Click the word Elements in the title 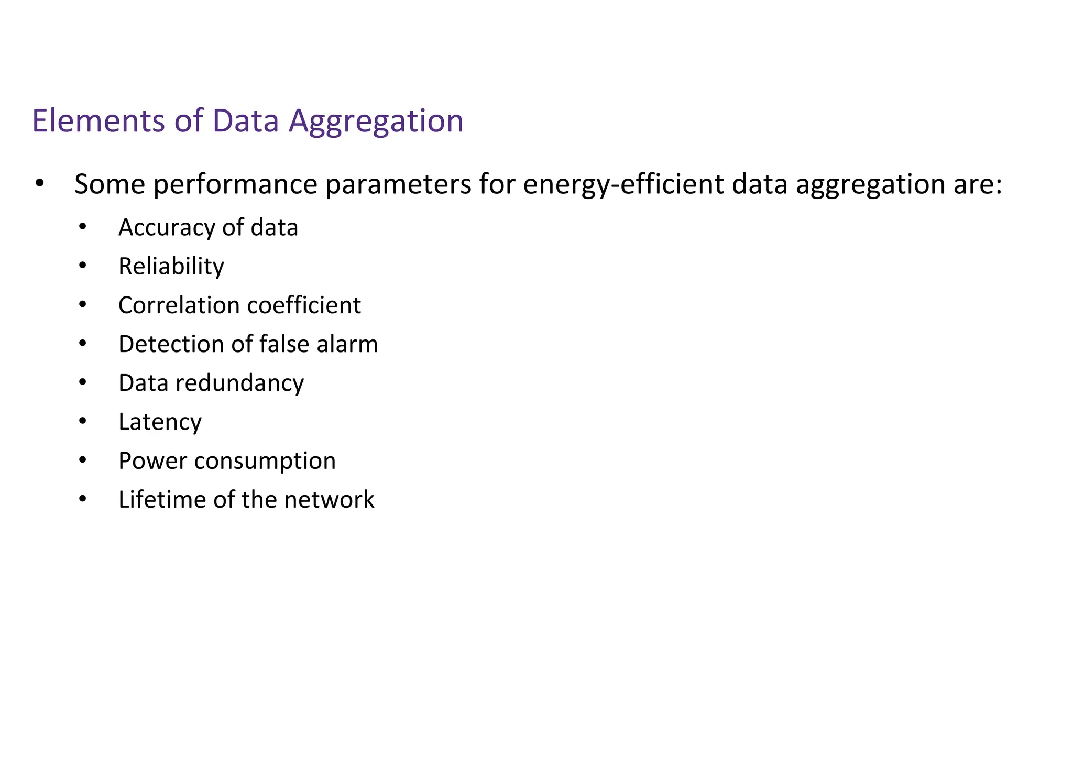point(98,120)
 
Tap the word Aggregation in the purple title point(376,122)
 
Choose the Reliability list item point(171,266)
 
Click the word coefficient point(304,305)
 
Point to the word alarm point(347,344)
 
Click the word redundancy point(239,383)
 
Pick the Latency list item point(160,422)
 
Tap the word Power point(152,461)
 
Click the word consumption point(265,461)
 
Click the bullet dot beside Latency point(82,421)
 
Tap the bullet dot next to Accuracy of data point(82,227)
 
